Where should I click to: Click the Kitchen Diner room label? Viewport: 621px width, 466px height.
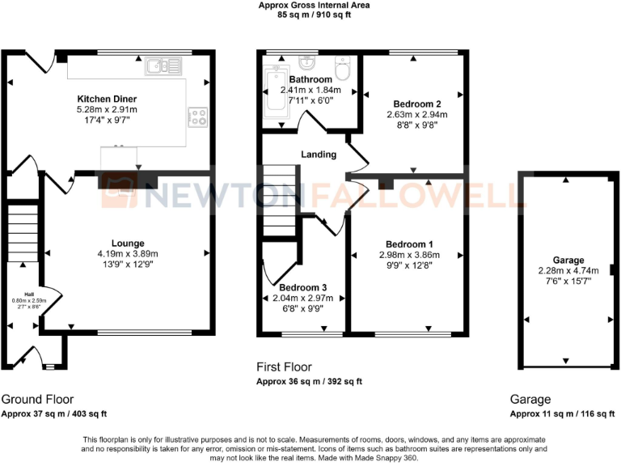click(107, 98)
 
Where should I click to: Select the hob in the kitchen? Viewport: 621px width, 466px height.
click(198, 116)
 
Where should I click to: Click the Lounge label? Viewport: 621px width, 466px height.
click(129, 243)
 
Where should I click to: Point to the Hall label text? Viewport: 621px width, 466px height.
click(30, 294)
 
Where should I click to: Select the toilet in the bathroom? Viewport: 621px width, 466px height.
click(342, 70)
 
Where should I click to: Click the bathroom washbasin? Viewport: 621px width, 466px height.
click(307, 63)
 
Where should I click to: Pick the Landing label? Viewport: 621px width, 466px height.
click(318, 155)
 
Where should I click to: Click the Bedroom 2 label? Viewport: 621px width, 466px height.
click(416, 104)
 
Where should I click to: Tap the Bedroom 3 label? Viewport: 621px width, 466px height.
click(303, 287)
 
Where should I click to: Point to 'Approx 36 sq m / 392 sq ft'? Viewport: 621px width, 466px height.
click(309, 382)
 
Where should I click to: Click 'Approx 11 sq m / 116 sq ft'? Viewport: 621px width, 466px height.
click(563, 414)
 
